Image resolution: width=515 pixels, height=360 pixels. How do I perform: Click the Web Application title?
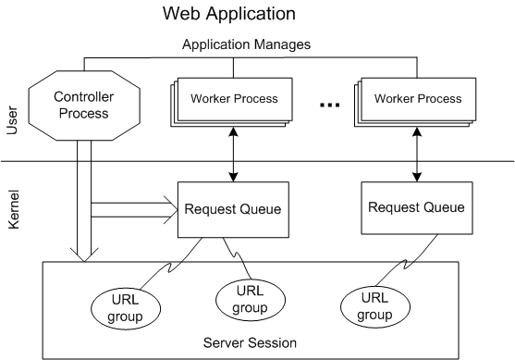[228, 14]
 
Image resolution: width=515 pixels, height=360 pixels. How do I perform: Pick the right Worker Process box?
[416, 99]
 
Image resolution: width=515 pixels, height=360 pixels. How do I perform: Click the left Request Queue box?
[228, 210]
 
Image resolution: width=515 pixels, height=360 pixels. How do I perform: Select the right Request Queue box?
[411, 206]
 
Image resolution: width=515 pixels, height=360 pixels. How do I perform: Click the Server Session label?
[250, 342]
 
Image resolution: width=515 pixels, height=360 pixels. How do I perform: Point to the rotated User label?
[12, 119]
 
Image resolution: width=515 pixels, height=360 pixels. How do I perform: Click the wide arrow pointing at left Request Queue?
[139, 210]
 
